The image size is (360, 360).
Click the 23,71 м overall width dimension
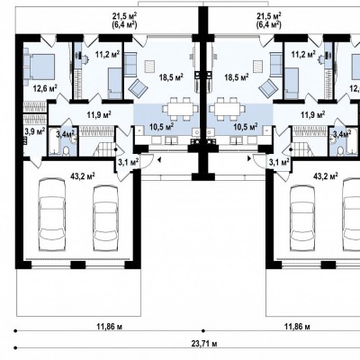[204, 343]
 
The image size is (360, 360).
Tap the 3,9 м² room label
[34, 130]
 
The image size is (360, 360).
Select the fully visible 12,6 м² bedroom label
[45, 88]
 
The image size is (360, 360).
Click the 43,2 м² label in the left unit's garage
[83, 175]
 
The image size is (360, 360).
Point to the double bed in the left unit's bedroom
[40, 67]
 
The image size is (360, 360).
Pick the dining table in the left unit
[180, 108]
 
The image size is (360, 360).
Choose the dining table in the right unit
[227, 108]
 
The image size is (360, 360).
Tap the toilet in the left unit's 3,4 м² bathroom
[67, 151]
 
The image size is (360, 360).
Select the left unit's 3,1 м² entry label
[129, 163]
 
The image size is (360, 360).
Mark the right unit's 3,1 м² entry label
[279, 163]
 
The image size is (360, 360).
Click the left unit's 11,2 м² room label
[108, 54]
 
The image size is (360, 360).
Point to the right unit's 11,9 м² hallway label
[313, 114]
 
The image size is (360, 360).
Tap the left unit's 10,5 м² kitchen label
[162, 127]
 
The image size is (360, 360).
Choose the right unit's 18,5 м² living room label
[237, 77]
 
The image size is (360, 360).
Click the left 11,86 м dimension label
[110, 327]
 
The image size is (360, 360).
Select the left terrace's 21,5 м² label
[125, 16]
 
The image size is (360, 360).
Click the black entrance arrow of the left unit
[159, 160]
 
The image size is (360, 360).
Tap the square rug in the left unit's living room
[149, 66]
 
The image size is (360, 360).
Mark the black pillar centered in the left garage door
[78, 265]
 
